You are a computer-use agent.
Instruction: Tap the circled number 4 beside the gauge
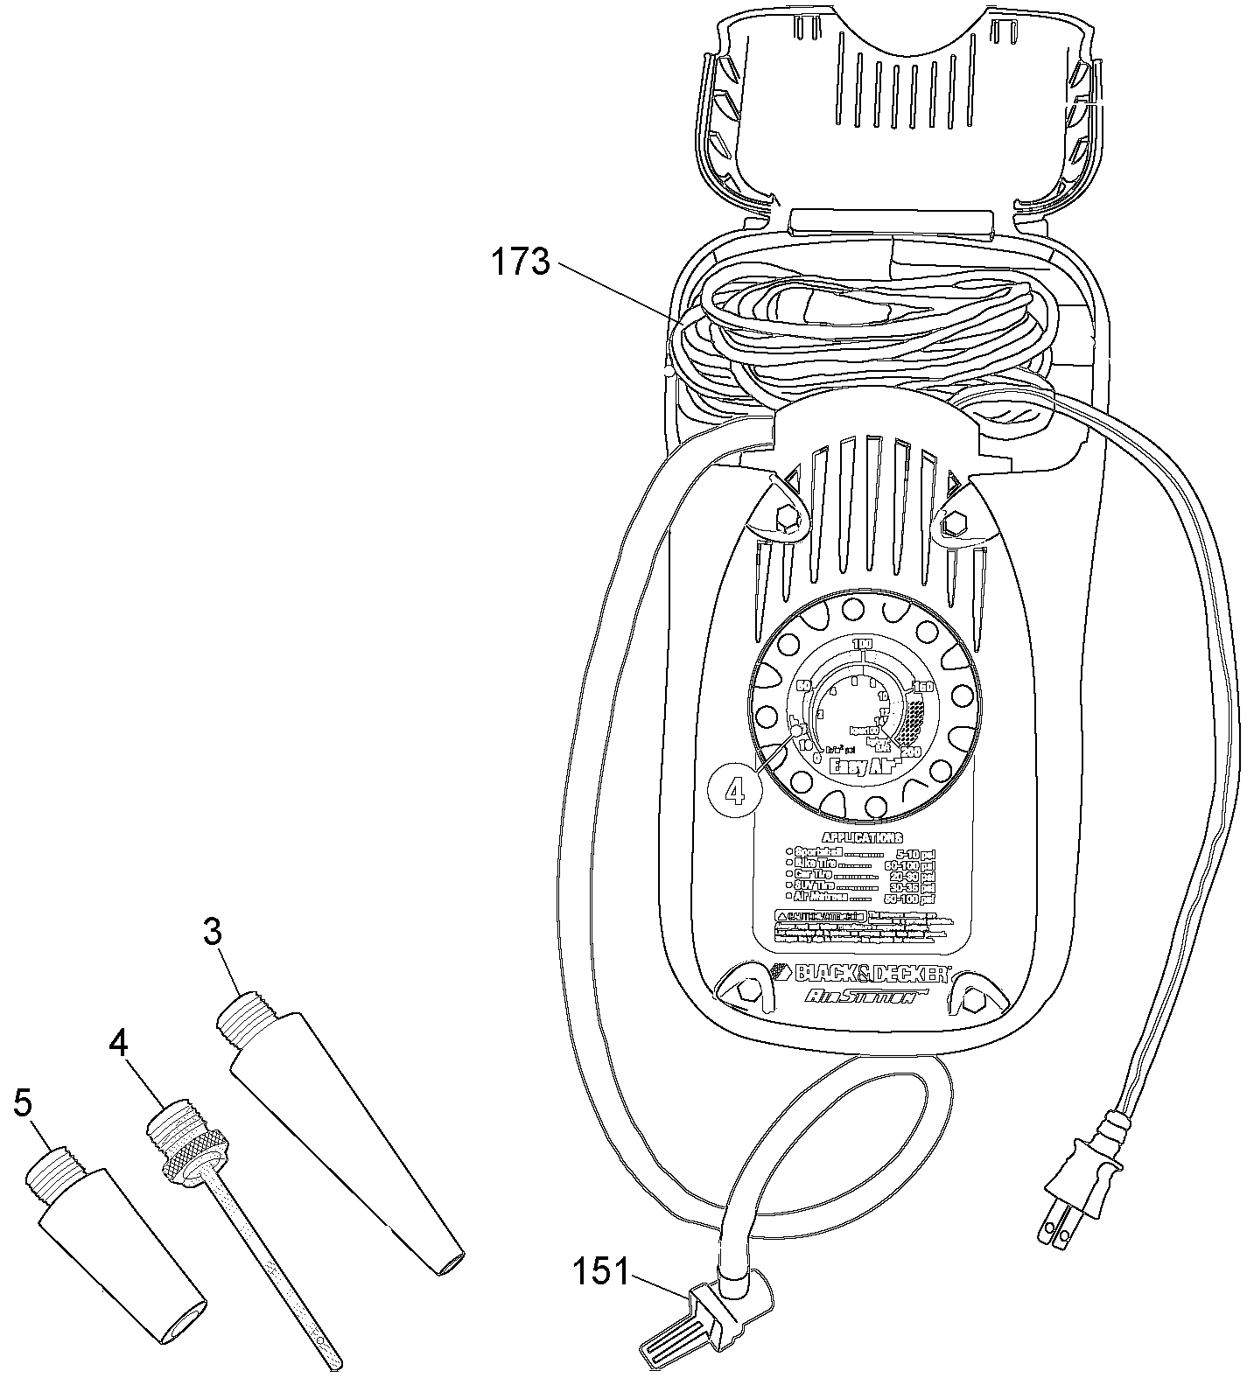coord(734,791)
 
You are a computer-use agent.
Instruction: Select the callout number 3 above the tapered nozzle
coord(213,933)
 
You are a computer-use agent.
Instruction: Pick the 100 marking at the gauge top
coord(862,645)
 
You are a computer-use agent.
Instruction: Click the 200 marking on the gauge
coord(909,752)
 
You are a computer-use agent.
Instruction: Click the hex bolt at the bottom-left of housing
coord(746,989)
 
